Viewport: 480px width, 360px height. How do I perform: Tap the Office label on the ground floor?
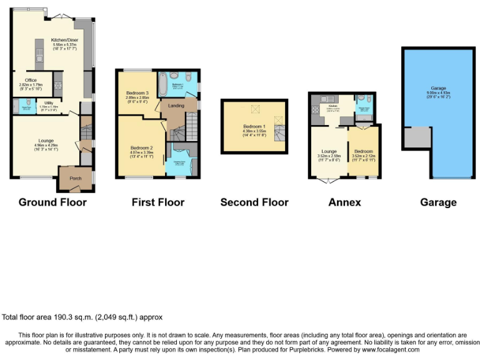pyautogui.click(x=31, y=81)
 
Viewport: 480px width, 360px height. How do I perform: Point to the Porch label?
pyautogui.click(x=76, y=178)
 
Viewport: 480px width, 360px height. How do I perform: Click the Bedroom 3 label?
pyautogui.click(x=137, y=93)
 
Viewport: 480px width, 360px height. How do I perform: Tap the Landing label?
pyautogui.click(x=176, y=106)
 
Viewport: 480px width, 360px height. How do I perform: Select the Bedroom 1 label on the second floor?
pyautogui.click(x=253, y=126)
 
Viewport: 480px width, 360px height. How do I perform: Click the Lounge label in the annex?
pyautogui.click(x=329, y=152)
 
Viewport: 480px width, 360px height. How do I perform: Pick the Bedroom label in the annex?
pyautogui.click(x=363, y=152)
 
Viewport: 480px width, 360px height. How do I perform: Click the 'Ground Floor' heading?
pyautogui.click(x=52, y=202)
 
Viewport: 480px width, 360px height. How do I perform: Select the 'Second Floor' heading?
pyautogui.click(x=254, y=202)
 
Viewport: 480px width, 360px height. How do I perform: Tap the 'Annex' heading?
pyautogui.click(x=344, y=202)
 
